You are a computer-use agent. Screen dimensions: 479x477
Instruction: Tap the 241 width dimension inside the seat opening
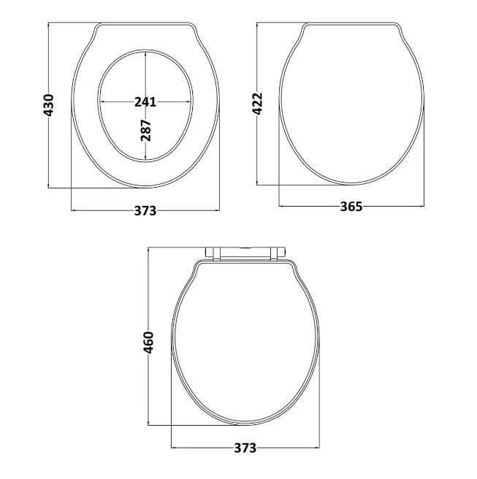[145, 102]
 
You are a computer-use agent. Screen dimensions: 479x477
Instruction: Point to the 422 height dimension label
[257, 104]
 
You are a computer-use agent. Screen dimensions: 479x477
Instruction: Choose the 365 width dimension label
[351, 207]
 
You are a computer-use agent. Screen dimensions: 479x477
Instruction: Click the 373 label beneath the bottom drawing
[245, 448]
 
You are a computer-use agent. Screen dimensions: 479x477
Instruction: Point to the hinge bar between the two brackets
[245, 253]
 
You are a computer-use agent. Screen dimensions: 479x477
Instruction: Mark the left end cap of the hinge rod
[207, 253]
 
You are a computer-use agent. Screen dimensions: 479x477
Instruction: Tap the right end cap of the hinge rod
[283, 253]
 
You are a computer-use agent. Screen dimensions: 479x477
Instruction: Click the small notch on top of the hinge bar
[245, 248]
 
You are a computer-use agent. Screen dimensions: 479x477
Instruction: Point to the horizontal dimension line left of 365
[307, 207]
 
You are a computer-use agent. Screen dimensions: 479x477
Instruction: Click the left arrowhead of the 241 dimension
[101, 102]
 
